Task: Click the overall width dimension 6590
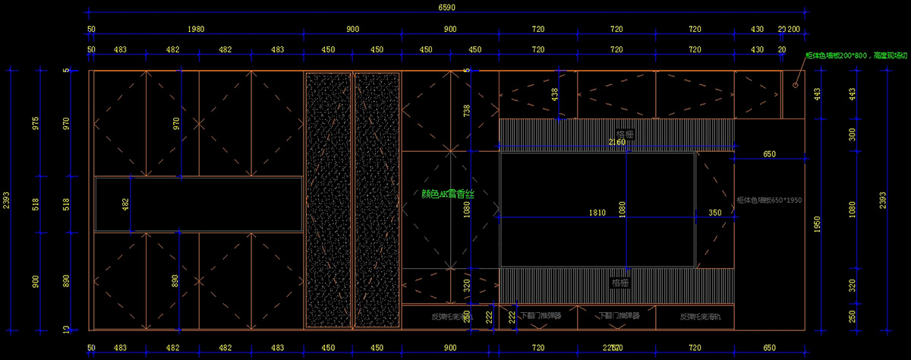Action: tap(447, 8)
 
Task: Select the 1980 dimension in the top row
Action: tap(196, 29)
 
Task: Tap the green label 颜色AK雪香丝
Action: tap(448, 194)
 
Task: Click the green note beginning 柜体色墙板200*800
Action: tap(856, 55)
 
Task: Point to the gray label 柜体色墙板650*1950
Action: tap(769, 201)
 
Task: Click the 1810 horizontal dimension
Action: tap(597, 213)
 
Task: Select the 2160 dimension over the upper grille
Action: tap(616, 142)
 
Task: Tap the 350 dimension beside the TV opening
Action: tap(715, 213)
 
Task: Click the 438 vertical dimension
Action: tap(554, 93)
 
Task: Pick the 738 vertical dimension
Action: tap(466, 110)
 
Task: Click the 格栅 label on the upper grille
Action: tap(625, 134)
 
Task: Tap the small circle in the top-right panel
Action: tap(795, 84)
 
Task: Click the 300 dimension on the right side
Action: tap(852, 134)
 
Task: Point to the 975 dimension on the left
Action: tap(36, 123)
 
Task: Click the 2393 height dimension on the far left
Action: tap(7, 200)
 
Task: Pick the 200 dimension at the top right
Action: tap(794, 29)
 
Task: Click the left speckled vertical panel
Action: tap(329, 200)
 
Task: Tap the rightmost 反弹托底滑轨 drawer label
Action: tap(695, 316)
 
